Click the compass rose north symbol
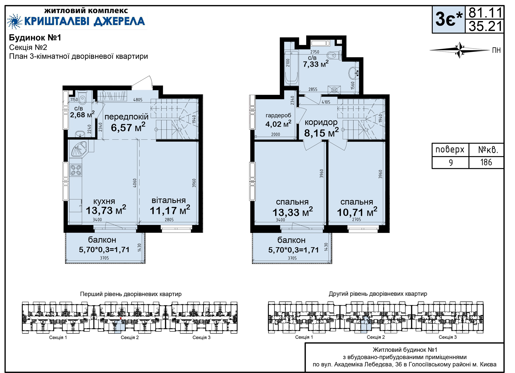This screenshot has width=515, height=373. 460,50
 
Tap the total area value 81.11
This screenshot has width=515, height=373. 485,13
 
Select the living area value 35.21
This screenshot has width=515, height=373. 485,26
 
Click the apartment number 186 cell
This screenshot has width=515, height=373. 486,162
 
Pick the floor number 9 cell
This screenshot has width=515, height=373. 451,162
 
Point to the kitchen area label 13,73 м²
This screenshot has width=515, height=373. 106,210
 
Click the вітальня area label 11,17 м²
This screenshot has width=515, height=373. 170,210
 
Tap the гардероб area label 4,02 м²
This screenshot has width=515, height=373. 278,124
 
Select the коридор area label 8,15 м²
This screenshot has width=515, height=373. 321,132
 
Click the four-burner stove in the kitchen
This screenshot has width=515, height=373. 76,170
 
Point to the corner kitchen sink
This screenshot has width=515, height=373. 79,149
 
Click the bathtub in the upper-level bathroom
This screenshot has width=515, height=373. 291,68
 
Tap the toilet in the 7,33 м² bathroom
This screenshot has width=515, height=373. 334,55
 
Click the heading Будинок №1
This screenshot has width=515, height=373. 35,38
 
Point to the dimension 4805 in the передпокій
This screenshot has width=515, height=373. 138,100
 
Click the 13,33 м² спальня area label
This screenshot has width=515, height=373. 292,212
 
